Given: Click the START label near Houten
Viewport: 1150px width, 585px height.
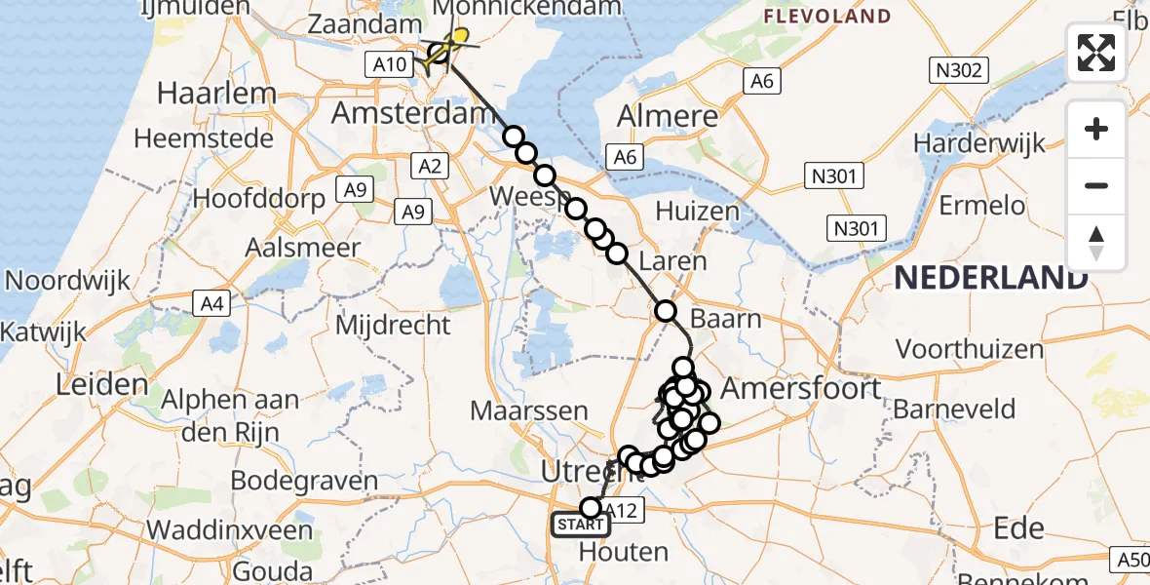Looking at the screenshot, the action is click(x=581, y=526).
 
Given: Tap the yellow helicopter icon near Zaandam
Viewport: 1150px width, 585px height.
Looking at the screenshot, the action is click(x=451, y=42).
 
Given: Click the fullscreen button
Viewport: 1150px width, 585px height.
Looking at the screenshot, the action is click(x=1096, y=53).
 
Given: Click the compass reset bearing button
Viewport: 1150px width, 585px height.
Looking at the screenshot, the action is click(x=1096, y=243).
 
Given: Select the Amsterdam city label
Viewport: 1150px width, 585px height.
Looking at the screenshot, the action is click(x=408, y=113).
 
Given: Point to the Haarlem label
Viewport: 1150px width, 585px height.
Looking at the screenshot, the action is click(x=216, y=95).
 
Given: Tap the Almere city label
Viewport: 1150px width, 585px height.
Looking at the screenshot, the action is click(x=668, y=117).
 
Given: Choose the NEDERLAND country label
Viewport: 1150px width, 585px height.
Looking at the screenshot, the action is click(x=990, y=278).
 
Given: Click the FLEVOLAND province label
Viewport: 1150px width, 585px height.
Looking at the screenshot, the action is click(x=826, y=17).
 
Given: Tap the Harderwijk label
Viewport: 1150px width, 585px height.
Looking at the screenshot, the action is click(x=979, y=143).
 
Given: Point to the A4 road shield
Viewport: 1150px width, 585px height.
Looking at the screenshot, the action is click(x=212, y=304).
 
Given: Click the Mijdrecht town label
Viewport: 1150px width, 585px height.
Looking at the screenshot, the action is click(x=393, y=325).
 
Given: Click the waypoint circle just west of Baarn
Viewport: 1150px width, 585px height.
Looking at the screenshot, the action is click(x=666, y=312).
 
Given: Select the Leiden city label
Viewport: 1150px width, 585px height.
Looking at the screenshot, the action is click(x=101, y=383).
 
